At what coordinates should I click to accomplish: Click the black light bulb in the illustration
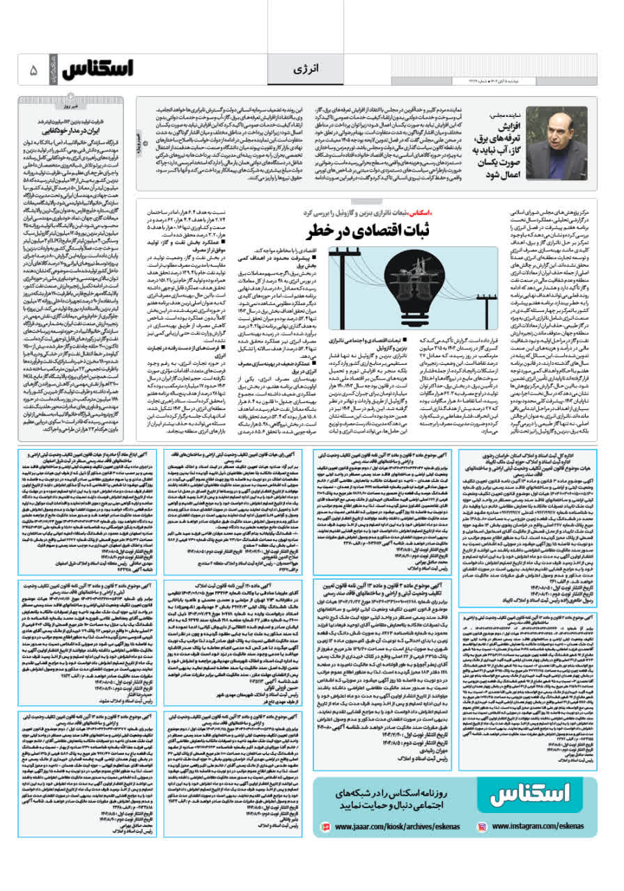[414, 275]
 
